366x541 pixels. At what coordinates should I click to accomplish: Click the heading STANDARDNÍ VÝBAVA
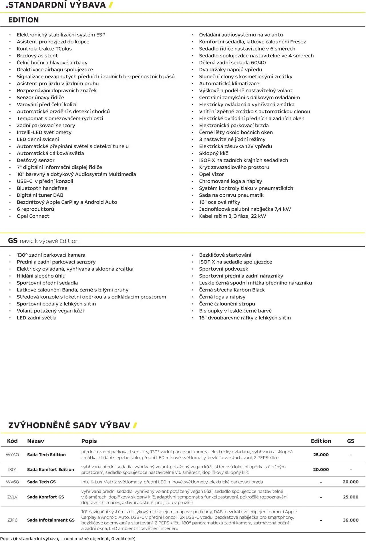point(57,5)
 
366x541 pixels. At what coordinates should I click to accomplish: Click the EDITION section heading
point(23,20)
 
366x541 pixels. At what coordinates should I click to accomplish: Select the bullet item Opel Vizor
point(211,174)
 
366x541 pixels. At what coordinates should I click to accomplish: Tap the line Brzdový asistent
point(37,56)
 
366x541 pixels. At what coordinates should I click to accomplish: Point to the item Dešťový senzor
point(35,160)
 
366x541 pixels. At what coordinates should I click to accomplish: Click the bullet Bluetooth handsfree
point(42,188)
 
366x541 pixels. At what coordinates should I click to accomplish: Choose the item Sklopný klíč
point(213,153)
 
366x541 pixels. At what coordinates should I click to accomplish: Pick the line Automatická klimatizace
point(229,84)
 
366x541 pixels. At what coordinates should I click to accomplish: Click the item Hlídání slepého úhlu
point(41,276)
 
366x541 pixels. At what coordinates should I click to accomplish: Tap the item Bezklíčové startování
point(225,255)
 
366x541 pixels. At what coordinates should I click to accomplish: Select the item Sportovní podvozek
point(223,269)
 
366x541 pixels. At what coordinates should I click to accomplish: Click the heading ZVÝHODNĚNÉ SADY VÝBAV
point(69,425)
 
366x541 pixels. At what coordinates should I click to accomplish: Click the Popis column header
point(89,441)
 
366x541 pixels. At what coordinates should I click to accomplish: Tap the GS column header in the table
point(351,441)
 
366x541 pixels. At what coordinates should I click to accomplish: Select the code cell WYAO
point(12,454)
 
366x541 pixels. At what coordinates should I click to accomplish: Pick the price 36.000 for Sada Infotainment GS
point(351,520)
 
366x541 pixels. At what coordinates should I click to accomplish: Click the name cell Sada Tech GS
point(41,482)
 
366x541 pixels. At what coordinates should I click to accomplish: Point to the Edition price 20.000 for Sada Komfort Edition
point(321,469)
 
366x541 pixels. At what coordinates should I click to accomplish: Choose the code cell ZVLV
point(12,497)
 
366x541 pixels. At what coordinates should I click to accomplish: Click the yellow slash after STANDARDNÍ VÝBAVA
point(111,5)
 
